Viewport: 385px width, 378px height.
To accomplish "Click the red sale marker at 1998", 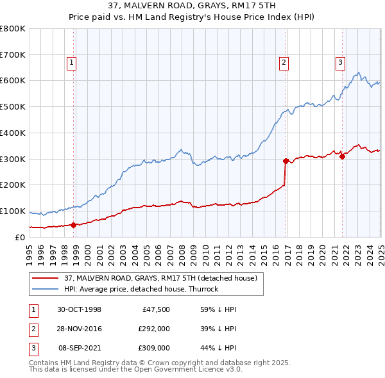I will [73, 225].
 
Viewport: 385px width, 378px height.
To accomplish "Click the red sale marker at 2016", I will [286, 161].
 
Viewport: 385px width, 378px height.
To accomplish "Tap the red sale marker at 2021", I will [342, 156].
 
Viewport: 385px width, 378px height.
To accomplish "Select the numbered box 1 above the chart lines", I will [71, 62].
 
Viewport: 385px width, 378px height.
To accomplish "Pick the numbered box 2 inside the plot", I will [283, 62].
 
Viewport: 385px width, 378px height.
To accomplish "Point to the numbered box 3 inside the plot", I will [339, 62].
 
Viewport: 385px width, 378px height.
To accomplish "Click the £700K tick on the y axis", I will [13, 55].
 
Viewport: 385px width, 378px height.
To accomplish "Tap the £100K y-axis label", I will [13, 211].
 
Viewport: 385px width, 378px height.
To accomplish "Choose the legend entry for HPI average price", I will [141, 289].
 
